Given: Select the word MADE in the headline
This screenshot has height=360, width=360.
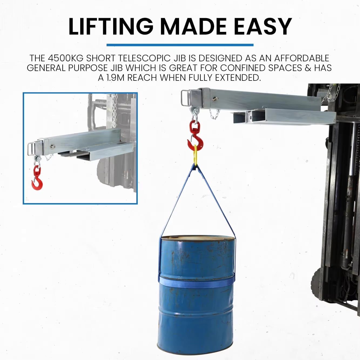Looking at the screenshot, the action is click(193, 26).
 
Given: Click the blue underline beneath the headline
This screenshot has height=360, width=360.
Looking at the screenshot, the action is click(180, 45).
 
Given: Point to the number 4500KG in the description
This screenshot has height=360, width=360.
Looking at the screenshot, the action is click(65, 58).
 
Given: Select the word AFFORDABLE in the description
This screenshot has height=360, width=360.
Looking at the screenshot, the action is click(302, 58).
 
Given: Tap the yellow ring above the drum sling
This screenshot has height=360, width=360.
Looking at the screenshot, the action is click(196, 155).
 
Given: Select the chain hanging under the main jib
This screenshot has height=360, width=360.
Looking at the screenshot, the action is click(214, 114).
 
